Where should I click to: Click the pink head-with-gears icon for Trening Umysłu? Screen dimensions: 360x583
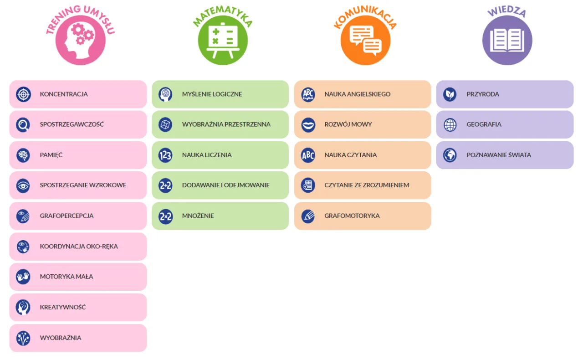coord(80,40)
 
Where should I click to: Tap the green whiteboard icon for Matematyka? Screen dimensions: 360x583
coord(223,40)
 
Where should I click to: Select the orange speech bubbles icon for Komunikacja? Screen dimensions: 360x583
coord(365,40)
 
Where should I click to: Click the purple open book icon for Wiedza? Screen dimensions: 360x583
coord(507,40)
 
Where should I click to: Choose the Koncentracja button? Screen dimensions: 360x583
coord(78,94)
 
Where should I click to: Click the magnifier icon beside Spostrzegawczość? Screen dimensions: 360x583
coord(23,124)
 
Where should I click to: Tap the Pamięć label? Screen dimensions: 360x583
coord(51,155)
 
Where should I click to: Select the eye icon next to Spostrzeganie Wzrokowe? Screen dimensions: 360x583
coord(23,185)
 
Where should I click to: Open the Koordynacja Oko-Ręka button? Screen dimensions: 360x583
coord(78,247)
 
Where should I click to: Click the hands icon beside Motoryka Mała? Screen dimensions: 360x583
coord(23,277)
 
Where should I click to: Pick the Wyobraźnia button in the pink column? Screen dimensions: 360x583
coord(78,338)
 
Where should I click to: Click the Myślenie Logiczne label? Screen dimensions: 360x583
coord(212,94)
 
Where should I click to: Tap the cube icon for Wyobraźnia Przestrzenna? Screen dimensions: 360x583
coord(165,124)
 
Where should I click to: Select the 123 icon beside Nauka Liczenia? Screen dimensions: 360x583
coord(165,155)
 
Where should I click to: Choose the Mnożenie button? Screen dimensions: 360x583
coord(220,216)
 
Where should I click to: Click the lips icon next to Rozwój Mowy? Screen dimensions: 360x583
coord(308,124)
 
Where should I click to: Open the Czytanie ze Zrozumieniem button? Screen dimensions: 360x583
coord(363,185)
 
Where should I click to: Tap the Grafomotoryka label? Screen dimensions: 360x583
coord(352,216)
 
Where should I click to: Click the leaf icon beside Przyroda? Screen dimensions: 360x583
coord(450,94)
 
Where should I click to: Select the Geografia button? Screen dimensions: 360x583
coord(505,124)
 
